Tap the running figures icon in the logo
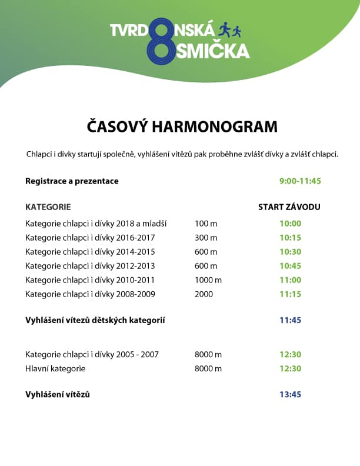point(230,29)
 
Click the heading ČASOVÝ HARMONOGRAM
point(182,127)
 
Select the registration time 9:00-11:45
point(300,181)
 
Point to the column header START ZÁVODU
point(289,207)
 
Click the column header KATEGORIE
point(48,207)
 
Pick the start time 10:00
point(291,223)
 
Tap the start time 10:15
point(291,237)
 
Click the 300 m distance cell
point(206,237)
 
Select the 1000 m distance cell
point(208,279)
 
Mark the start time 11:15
point(291,294)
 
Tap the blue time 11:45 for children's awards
point(291,321)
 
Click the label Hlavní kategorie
point(55,368)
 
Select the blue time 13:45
point(291,394)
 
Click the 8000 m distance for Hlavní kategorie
point(208,368)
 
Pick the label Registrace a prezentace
point(72,181)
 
